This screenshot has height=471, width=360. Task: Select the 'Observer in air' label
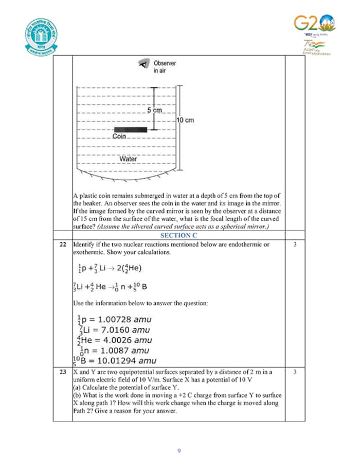point(164,66)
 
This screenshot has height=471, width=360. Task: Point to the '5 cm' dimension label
point(154,111)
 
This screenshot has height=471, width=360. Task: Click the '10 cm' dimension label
point(185,120)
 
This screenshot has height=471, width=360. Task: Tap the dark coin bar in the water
point(130,129)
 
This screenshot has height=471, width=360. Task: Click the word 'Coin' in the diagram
point(119,136)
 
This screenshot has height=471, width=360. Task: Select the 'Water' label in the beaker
point(128,159)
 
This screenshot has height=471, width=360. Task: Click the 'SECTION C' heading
point(178,235)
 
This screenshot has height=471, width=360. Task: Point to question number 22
point(62,245)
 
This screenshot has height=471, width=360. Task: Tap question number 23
point(62,371)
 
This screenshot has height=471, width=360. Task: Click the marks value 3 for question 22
point(295,245)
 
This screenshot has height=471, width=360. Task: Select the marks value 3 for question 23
point(295,371)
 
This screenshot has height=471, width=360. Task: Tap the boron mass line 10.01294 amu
point(114,360)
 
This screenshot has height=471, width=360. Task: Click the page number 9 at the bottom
point(178,451)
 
